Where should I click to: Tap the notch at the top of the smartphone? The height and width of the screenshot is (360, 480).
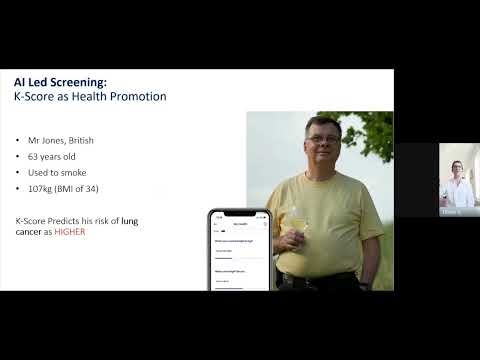pos(238,212)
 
